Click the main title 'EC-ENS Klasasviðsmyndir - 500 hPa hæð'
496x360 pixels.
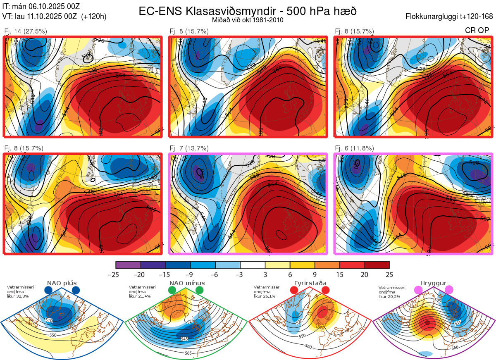click(x=248, y=11)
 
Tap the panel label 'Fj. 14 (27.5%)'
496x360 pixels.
click(x=25, y=31)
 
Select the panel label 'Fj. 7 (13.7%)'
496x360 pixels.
click(x=189, y=148)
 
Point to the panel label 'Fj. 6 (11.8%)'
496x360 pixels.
click(x=354, y=148)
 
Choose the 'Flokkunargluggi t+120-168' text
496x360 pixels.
click(x=449, y=17)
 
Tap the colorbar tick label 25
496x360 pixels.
click(x=389, y=274)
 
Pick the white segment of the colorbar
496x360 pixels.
click(x=253, y=265)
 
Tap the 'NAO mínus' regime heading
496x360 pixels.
click(x=187, y=283)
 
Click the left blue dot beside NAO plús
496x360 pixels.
click(x=48, y=291)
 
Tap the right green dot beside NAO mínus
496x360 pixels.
click(x=200, y=291)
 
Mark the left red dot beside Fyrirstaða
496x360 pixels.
click(x=294, y=291)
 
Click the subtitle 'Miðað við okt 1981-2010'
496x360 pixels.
click(x=248, y=20)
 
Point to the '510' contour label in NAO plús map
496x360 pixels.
click(x=49, y=320)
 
